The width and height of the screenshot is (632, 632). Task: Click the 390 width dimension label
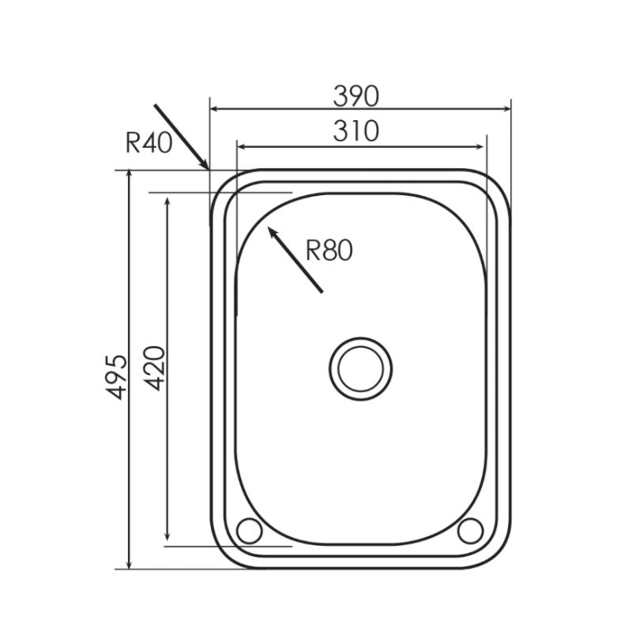[x=356, y=96]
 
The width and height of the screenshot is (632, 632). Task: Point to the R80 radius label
[x=328, y=251]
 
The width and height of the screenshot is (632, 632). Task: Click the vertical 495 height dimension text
[x=117, y=376]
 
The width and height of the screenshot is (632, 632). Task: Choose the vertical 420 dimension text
[x=156, y=367]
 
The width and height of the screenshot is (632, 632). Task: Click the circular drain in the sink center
[x=360, y=367]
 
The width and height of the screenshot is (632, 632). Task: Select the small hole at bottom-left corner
[x=248, y=531]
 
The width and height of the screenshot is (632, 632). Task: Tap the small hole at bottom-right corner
[x=470, y=531]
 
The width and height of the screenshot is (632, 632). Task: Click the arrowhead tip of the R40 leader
[x=208, y=168]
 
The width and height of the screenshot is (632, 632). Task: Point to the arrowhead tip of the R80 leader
[x=270, y=228]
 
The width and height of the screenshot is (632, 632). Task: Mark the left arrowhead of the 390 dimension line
[x=213, y=108]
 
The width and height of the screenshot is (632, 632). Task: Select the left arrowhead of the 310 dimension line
[x=240, y=146]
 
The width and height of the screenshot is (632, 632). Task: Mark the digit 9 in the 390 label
[x=356, y=96]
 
